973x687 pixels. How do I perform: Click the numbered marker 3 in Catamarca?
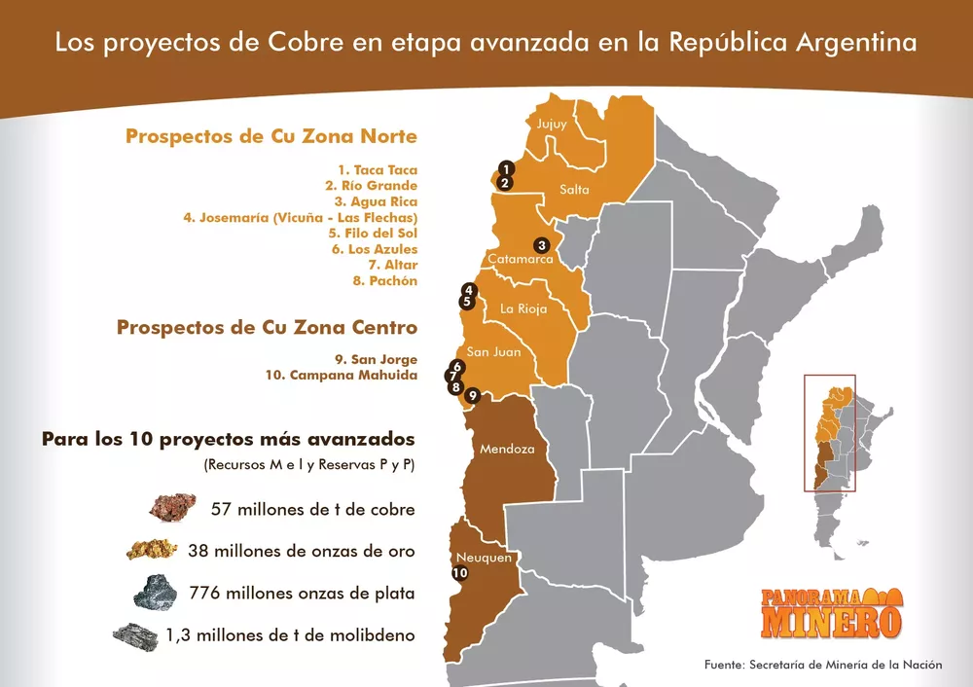pos(542,245)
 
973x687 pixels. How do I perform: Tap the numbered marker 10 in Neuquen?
pos(460,574)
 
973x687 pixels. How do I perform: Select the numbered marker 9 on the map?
pos(472,396)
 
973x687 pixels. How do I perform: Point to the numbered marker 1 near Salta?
pos(505,168)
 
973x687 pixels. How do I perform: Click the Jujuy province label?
pos(552,124)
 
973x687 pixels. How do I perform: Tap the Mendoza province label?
pos(507,450)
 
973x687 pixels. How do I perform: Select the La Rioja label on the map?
pos(523,309)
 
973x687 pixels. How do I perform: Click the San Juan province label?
pos(493,352)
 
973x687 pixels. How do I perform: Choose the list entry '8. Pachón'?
pos(385,281)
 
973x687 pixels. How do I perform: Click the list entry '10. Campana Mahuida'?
pos(341,375)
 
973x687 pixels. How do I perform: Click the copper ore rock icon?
pos(172,507)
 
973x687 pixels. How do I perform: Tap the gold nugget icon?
pos(152,550)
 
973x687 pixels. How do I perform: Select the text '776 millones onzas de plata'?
pos(312,594)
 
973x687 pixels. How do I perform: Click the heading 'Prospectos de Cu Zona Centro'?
pos(267,327)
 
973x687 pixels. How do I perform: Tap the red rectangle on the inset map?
pos(830,433)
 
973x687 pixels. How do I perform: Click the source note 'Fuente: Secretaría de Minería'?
pos(823,665)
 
